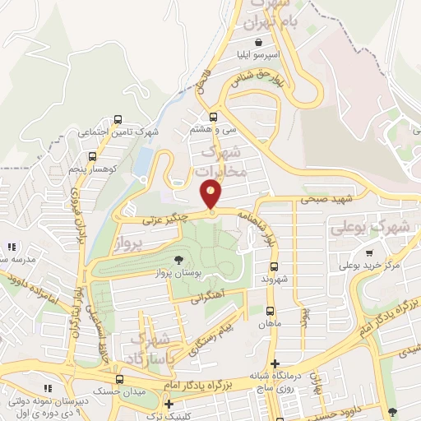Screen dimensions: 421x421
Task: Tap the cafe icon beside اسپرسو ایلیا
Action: (259, 41)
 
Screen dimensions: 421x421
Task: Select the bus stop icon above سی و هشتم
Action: (214, 117)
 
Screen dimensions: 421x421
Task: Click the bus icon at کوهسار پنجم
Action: (91, 155)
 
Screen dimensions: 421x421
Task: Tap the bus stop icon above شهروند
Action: (274, 266)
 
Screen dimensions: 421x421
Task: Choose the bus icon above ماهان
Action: (270, 311)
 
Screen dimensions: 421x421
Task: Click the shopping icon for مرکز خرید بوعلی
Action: (370, 253)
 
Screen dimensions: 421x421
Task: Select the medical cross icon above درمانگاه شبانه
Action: (275, 363)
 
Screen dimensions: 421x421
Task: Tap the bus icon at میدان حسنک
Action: (120, 380)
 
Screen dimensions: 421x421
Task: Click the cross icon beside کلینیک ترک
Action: (169, 404)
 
